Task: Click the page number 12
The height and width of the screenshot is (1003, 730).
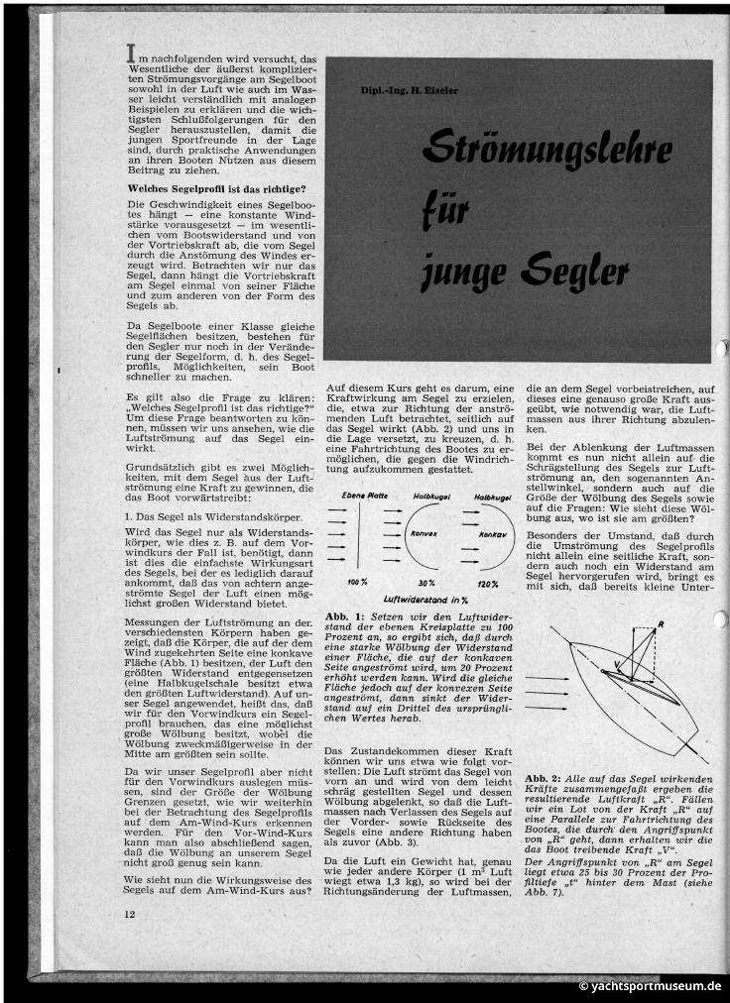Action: click(x=130, y=913)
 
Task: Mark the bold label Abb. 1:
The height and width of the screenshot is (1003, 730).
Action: click(x=345, y=617)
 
